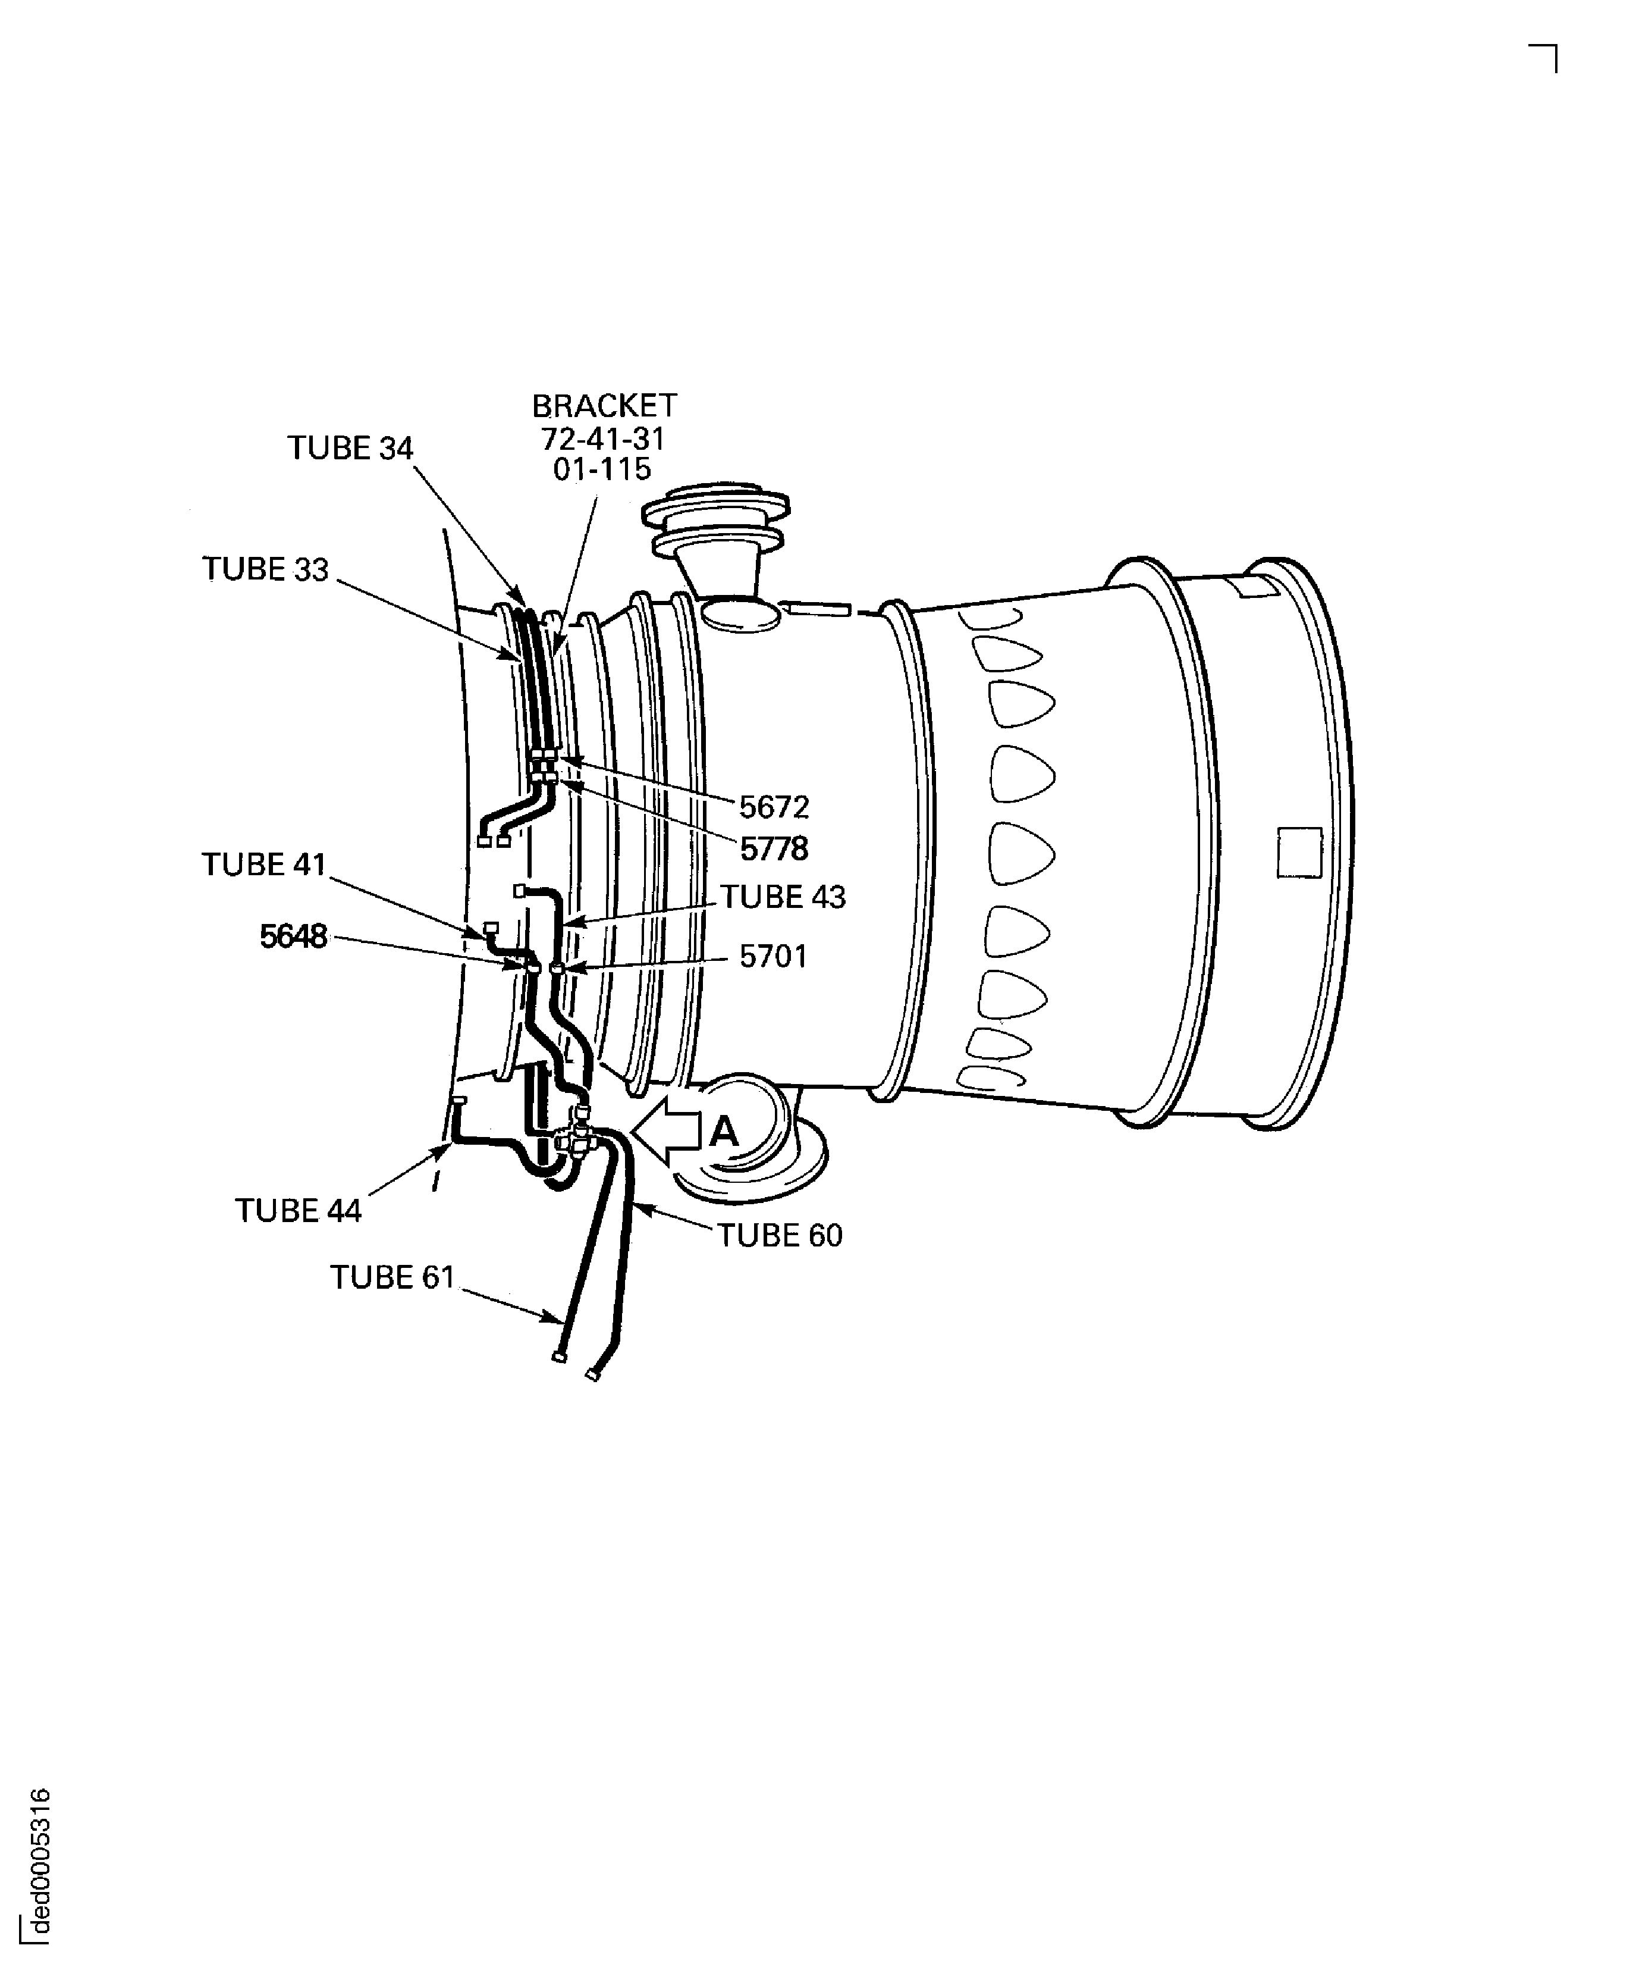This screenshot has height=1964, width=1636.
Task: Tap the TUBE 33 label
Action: point(266,569)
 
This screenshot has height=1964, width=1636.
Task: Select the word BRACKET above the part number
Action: point(604,406)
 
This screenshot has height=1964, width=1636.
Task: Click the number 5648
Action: point(294,936)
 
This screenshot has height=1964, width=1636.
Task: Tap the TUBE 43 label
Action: point(783,897)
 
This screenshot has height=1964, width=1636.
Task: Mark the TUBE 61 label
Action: point(392,1277)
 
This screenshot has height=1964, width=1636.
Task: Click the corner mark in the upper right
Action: point(1544,58)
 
